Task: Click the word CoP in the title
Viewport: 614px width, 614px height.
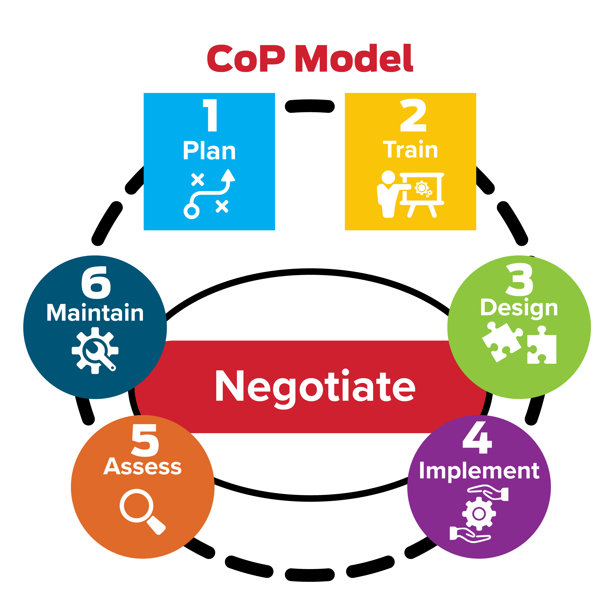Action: [x=246, y=58]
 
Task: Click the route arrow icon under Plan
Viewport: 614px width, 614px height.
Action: [x=209, y=194]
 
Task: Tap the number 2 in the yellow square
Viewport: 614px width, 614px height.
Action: [x=413, y=115]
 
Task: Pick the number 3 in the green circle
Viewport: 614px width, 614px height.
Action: [x=519, y=280]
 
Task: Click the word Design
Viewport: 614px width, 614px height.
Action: [x=519, y=308]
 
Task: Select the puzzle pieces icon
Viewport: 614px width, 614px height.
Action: [x=519, y=343]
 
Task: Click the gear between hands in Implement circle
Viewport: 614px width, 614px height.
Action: [x=479, y=513]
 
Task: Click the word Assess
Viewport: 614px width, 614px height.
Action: [x=142, y=467]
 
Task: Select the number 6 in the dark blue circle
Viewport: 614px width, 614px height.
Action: [x=96, y=283]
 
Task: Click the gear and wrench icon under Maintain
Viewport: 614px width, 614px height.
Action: [x=95, y=350]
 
